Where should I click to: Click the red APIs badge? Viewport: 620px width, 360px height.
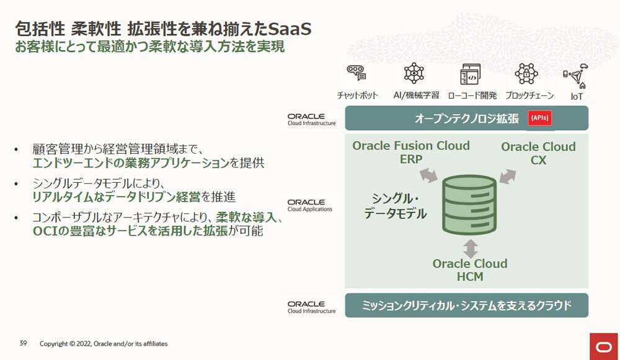pos(540,118)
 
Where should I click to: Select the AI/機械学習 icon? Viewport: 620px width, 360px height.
pos(414,73)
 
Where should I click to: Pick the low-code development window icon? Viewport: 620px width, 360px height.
pos(471,74)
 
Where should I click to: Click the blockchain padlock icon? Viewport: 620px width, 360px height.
pos(526,74)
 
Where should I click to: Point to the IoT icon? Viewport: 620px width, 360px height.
pos(576,76)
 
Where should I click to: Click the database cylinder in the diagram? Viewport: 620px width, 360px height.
pos(469,204)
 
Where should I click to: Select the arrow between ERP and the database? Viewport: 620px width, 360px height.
pos(428,175)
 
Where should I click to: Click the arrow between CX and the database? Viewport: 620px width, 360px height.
pos(508,176)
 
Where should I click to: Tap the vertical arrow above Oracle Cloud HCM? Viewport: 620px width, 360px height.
pos(470,248)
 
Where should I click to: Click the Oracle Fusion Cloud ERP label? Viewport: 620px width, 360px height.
pos(411,152)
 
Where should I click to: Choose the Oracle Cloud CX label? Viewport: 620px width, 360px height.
pos(538,153)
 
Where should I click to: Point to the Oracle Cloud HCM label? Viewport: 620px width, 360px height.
pos(470,270)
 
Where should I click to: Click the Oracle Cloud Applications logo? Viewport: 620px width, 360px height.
pos(310,206)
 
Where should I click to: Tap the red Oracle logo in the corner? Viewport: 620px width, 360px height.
pos(604,346)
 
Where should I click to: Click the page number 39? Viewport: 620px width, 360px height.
pos(23,343)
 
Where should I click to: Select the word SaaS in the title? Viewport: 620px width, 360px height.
pos(290,29)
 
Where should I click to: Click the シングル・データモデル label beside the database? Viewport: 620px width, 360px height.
pos(395,206)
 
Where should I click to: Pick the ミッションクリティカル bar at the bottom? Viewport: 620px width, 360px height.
pos(467,305)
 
